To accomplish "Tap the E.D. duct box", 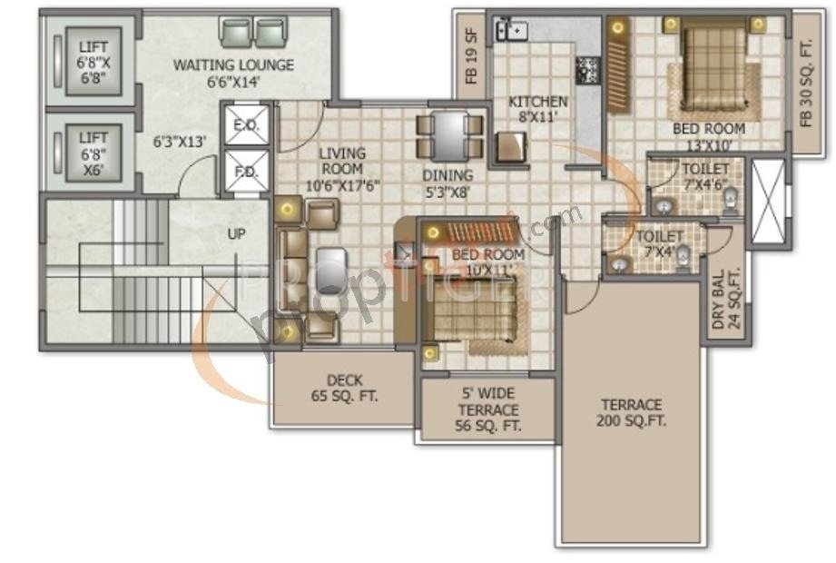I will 246,126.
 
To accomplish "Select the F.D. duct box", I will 246,171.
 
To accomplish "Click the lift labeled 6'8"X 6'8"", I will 92,64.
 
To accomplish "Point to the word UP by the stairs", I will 237,233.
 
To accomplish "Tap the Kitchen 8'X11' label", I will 537,109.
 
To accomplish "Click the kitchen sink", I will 511,30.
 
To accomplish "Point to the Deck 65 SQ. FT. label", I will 344,389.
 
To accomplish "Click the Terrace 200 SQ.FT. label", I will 630,412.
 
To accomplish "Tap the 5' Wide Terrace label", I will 487,410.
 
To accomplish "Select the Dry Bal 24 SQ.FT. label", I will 725,299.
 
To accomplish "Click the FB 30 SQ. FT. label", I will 805,82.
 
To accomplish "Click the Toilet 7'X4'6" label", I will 704,176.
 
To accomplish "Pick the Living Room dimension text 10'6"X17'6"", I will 341,184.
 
